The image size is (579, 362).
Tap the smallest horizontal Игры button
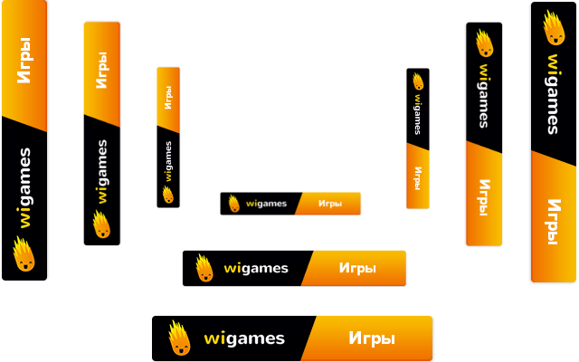[x=328, y=204]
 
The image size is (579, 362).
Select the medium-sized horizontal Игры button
[x=356, y=268]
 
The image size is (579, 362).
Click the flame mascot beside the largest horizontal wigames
[x=179, y=338]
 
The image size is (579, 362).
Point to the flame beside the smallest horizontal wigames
[x=233, y=204]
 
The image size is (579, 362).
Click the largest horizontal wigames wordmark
[x=244, y=338]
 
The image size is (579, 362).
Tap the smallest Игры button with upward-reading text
[x=168, y=98]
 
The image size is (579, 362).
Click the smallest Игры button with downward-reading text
[x=417, y=176]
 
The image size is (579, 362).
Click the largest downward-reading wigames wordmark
[x=553, y=94]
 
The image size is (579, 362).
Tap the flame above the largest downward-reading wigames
[x=553, y=28]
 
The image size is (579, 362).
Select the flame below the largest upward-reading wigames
[x=24, y=253]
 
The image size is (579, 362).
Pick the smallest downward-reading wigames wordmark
[x=417, y=113]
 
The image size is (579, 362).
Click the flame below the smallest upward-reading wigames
[x=167, y=195]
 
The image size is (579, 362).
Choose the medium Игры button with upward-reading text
[x=101, y=71]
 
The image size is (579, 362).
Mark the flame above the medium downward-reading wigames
[x=484, y=43]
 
